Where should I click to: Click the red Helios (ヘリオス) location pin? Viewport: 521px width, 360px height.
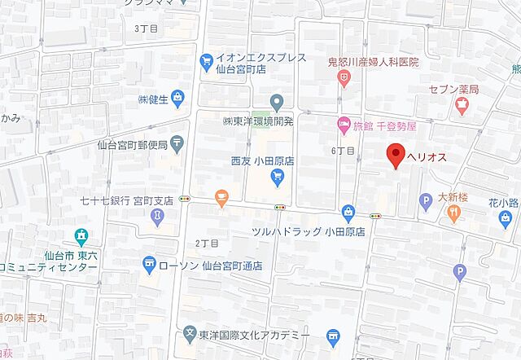pos(396,155)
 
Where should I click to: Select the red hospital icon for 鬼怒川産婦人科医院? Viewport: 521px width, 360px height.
pos(345,77)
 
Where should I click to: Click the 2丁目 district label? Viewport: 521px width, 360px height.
pos(208,243)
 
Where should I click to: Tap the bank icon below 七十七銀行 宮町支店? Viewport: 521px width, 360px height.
pos(156,216)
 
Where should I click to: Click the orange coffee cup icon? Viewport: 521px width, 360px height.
pos(221,197)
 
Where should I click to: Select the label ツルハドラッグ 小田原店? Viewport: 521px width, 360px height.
pos(309,231)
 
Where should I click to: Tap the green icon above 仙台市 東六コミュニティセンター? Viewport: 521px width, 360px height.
pos(81,237)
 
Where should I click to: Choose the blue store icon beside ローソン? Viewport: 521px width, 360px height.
pos(148,263)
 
